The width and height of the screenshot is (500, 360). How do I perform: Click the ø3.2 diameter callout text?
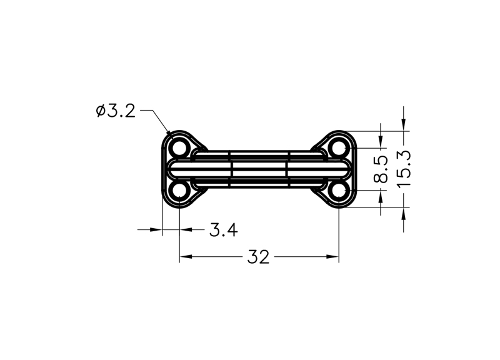[x=116, y=111]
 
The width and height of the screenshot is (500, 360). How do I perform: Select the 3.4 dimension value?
[x=224, y=230]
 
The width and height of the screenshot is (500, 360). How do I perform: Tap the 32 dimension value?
[x=258, y=257]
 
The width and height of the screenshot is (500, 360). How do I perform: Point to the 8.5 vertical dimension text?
[x=381, y=169]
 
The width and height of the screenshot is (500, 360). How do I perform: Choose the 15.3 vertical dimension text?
[x=404, y=169]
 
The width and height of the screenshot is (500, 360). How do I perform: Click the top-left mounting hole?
[x=179, y=148]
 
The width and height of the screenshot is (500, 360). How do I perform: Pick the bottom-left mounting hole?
[x=179, y=191]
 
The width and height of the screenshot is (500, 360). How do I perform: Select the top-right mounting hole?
[x=339, y=148]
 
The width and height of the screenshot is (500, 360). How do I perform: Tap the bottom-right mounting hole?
[x=339, y=191]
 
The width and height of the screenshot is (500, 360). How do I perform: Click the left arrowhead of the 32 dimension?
[x=186, y=256]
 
